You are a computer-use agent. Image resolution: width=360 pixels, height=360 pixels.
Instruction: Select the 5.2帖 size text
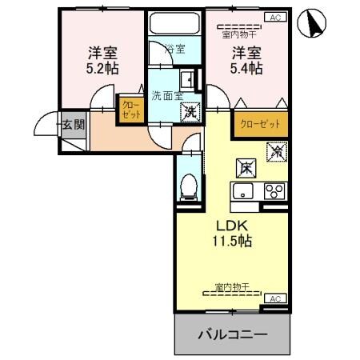click(102, 70)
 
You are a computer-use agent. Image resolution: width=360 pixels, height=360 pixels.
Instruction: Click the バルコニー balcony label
click(232, 334)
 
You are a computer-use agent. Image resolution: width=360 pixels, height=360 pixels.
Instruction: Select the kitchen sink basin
click(243, 191)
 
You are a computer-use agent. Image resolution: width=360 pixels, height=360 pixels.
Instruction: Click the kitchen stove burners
click(274, 191)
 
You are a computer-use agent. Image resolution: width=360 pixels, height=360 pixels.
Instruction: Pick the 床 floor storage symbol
click(246, 168)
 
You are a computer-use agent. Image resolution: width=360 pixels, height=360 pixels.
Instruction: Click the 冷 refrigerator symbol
click(278, 149)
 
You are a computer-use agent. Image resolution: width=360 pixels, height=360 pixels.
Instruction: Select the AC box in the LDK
click(275, 298)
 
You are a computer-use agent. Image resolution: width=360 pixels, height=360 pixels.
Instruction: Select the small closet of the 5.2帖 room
click(130, 110)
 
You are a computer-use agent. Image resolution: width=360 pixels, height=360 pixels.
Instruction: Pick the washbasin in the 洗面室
click(186, 79)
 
